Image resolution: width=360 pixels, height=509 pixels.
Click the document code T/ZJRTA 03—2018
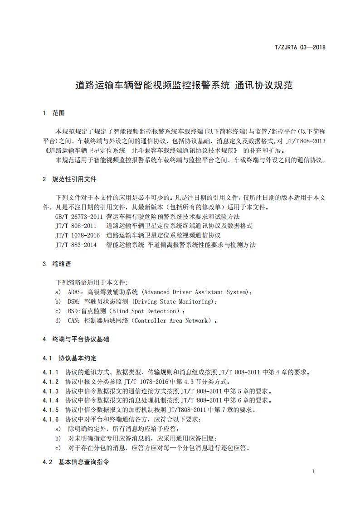(301, 47)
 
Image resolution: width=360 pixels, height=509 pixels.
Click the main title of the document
(184, 86)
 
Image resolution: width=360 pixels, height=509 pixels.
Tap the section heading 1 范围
(54, 113)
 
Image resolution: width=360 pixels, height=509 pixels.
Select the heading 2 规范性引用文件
(69, 179)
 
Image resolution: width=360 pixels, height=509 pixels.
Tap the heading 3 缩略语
(57, 264)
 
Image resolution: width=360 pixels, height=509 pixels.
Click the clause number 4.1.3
(51, 391)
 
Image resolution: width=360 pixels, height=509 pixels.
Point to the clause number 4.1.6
(51, 419)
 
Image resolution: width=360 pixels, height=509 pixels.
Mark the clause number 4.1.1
(51, 373)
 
